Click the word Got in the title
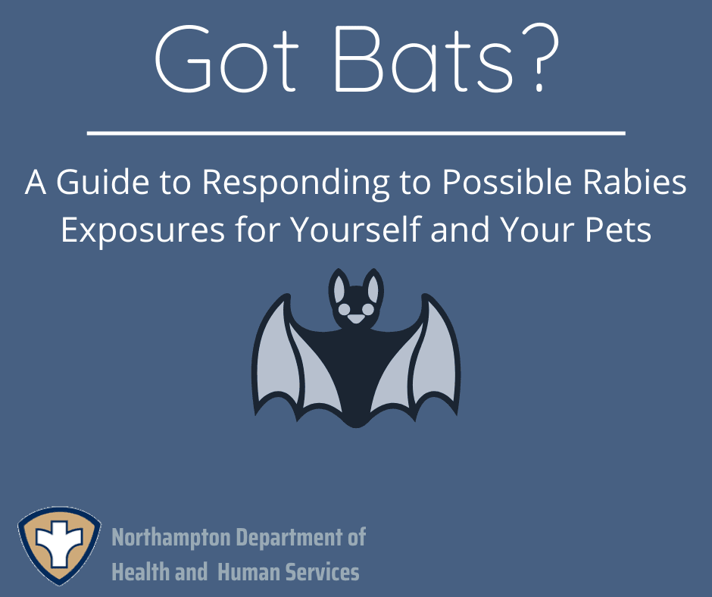click(x=227, y=59)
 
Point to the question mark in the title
click(x=539, y=59)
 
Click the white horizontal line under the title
click(x=356, y=133)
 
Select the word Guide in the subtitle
click(x=102, y=182)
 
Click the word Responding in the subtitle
click(x=295, y=184)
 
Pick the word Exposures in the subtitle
click(x=142, y=230)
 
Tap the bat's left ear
click(x=339, y=288)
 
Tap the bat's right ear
click(x=373, y=288)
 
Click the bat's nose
click(x=356, y=319)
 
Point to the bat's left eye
click(x=345, y=309)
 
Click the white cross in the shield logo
click(x=59, y=544)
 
